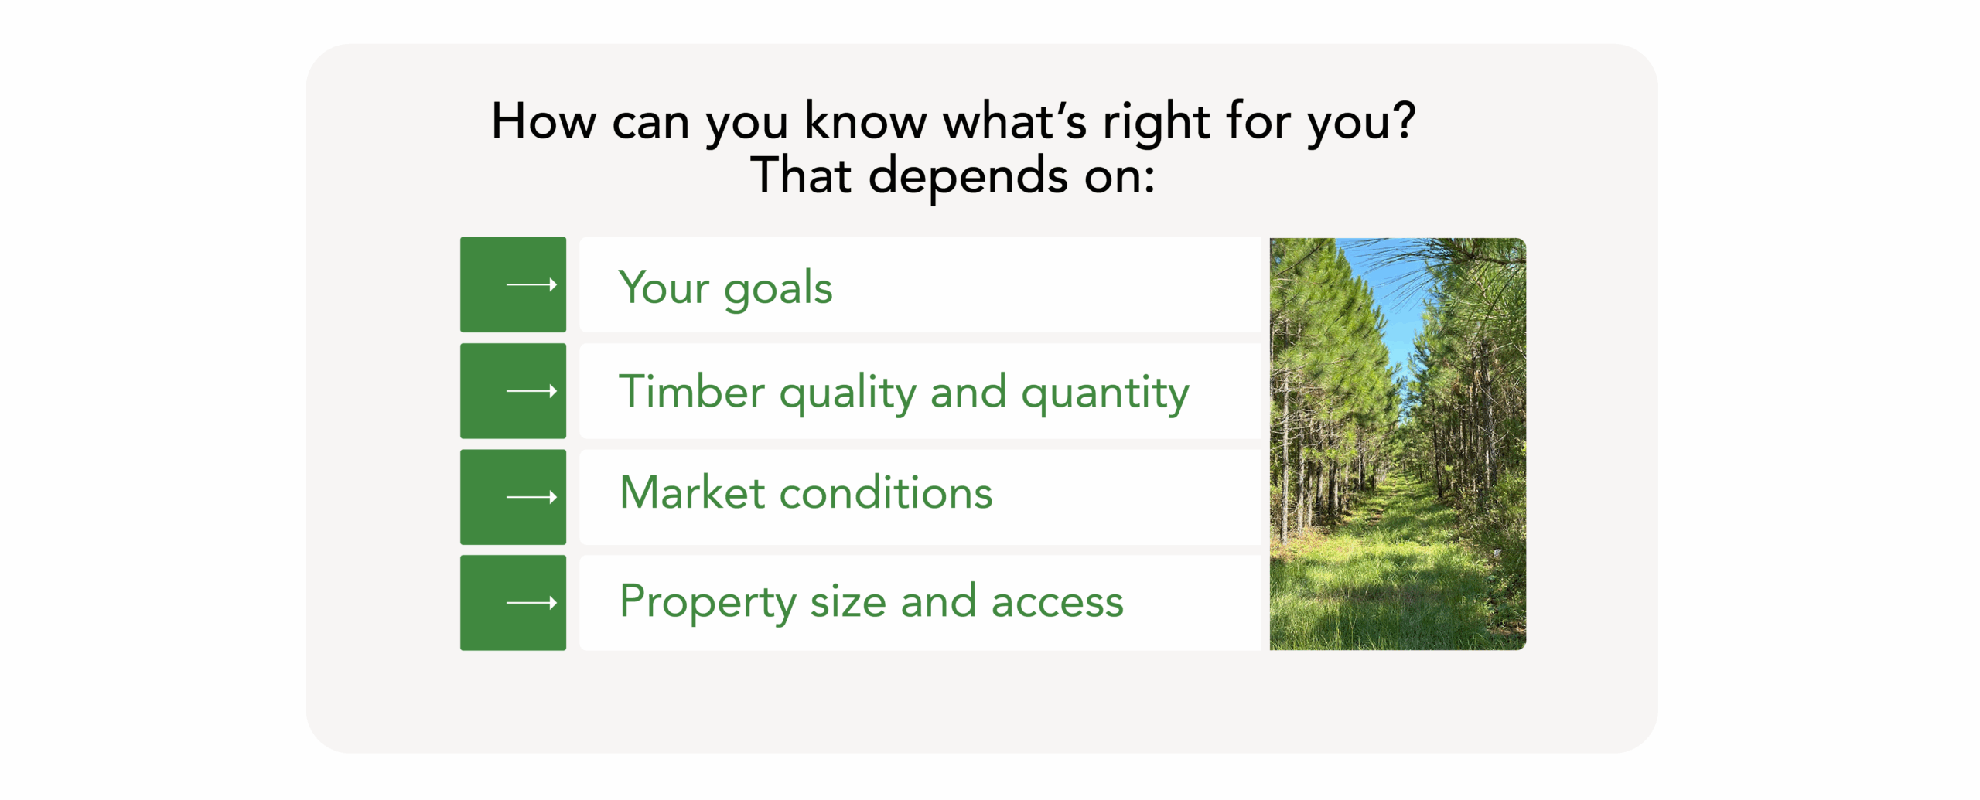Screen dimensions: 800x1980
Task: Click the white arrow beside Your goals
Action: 531,284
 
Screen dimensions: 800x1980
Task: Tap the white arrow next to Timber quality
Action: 531,391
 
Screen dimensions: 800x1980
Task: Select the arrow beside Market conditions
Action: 531,497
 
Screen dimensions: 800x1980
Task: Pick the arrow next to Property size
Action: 531,603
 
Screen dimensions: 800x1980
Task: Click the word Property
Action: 707,603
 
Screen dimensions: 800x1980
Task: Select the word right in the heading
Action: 1156,123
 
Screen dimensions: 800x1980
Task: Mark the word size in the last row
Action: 848,602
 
